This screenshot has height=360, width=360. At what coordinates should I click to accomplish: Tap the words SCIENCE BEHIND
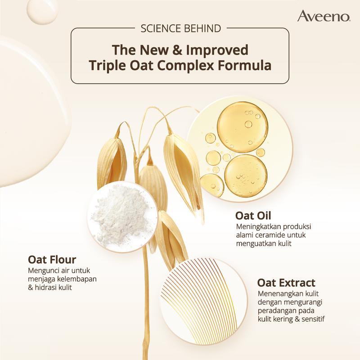(180, 29)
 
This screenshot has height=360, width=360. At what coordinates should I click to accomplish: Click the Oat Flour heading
(52, 260)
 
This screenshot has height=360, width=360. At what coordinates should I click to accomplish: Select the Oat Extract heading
(286, 283)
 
